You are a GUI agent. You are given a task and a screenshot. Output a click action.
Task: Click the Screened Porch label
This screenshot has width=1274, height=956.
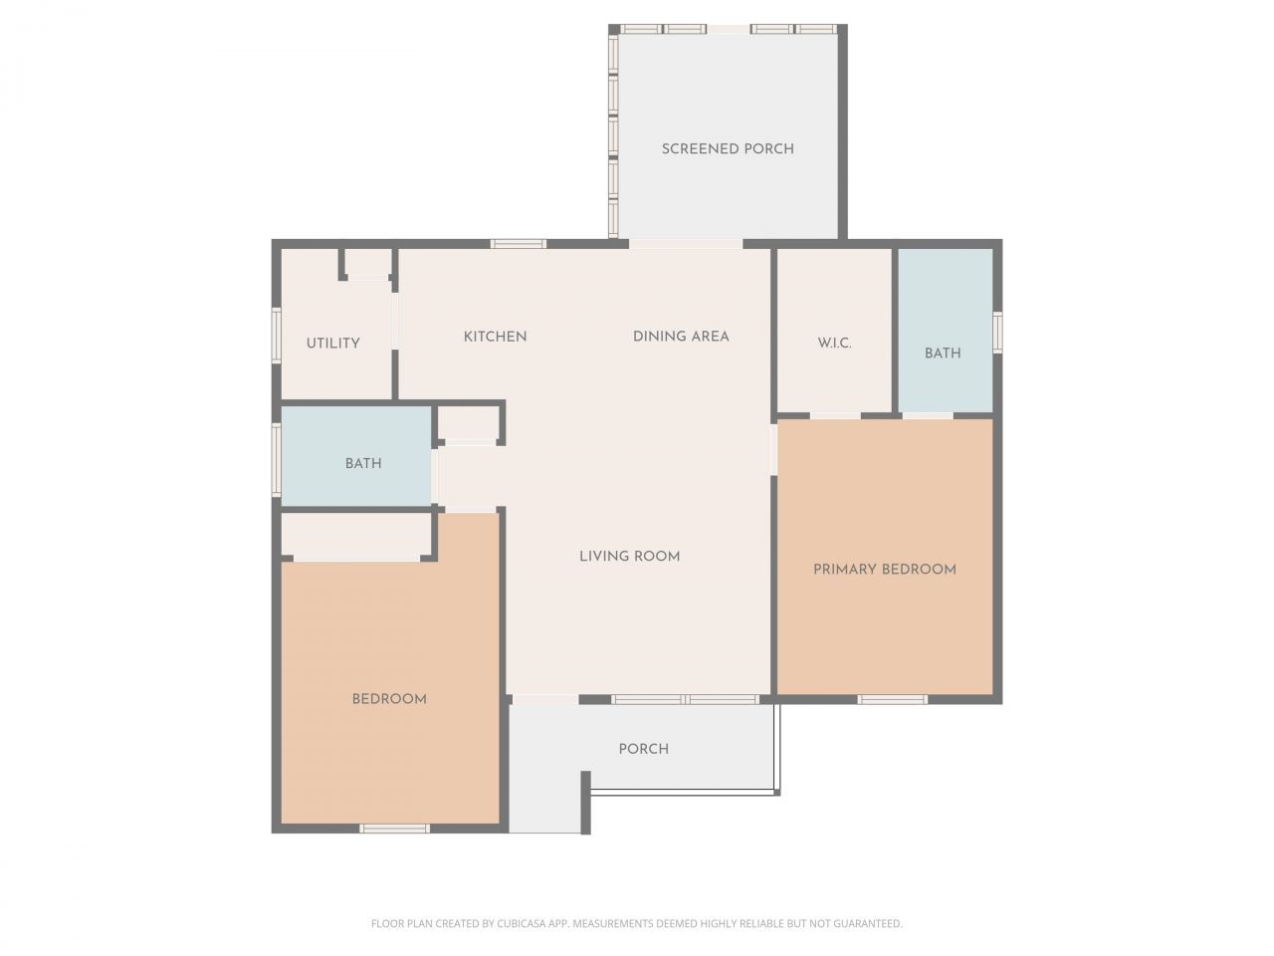(728, 149)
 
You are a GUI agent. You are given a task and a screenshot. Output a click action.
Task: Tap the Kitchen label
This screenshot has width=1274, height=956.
(495, 337)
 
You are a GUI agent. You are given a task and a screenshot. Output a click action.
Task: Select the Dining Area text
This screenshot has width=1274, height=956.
(681, 337)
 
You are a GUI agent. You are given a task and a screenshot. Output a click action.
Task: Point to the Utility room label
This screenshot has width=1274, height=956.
(332, 344)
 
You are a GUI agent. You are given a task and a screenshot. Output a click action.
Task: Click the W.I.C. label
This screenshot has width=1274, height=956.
(835, 344)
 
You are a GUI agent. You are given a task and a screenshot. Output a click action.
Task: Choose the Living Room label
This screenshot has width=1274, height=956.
(630, 557)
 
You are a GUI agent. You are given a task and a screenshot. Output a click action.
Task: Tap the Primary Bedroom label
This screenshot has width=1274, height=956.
(885, 570)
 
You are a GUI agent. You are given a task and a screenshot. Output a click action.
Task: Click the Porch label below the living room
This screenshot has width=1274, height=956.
(644, 749)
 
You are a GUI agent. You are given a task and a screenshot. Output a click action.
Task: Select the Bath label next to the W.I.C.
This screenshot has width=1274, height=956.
(943, 354)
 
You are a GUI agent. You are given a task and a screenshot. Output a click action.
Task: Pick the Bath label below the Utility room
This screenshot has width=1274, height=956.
(363, 464)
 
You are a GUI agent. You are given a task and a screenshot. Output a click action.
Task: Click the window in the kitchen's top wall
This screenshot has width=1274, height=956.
(519, 244)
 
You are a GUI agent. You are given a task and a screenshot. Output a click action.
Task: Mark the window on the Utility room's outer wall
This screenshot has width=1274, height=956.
(277, 336)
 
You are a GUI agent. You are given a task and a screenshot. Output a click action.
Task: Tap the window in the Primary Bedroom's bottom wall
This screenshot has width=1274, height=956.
(892, 699)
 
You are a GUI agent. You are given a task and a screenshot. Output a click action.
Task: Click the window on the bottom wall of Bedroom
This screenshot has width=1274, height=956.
(395, 829)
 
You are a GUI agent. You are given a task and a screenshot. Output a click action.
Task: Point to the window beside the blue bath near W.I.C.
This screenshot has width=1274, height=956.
(997, 332)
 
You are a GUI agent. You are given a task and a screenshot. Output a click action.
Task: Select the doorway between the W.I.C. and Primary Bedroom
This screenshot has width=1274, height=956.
(835, 415)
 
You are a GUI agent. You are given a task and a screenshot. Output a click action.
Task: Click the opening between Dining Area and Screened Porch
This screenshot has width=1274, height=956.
(686, 244)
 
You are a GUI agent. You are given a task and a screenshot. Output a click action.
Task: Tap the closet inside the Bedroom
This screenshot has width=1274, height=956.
(356, 537)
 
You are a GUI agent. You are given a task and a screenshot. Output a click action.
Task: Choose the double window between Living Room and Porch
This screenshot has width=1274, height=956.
(686, 699)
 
